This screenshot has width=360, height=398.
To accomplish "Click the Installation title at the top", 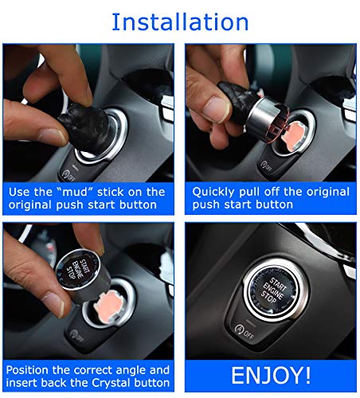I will pyautogui.click(x=180, y=21).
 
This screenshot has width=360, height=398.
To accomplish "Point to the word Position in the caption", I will pyautogui.click(x=33, y=370).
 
